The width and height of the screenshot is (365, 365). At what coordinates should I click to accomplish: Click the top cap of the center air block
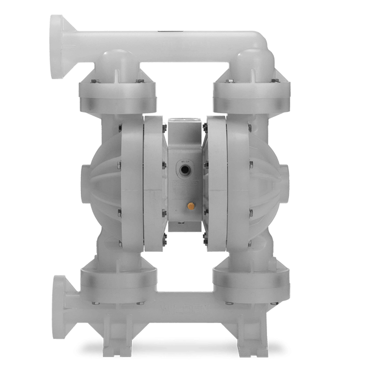tap(182, 121)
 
